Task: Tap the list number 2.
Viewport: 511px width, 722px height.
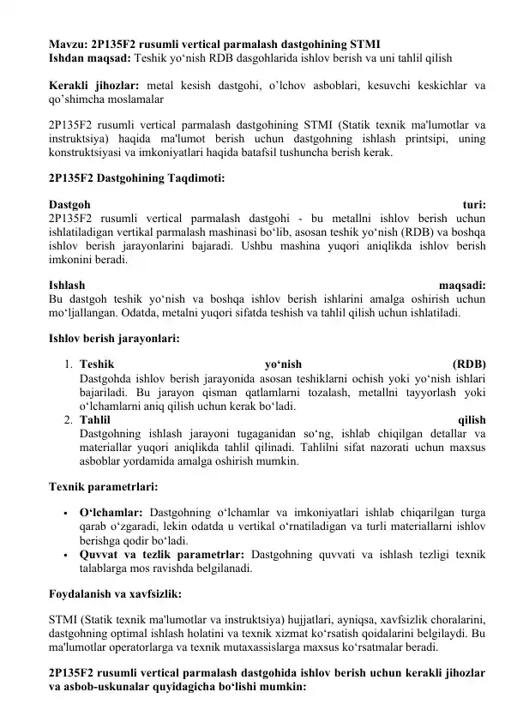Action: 68,420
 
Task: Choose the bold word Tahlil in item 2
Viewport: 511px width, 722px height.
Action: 94,420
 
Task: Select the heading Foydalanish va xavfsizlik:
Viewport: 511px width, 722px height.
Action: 115,593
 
